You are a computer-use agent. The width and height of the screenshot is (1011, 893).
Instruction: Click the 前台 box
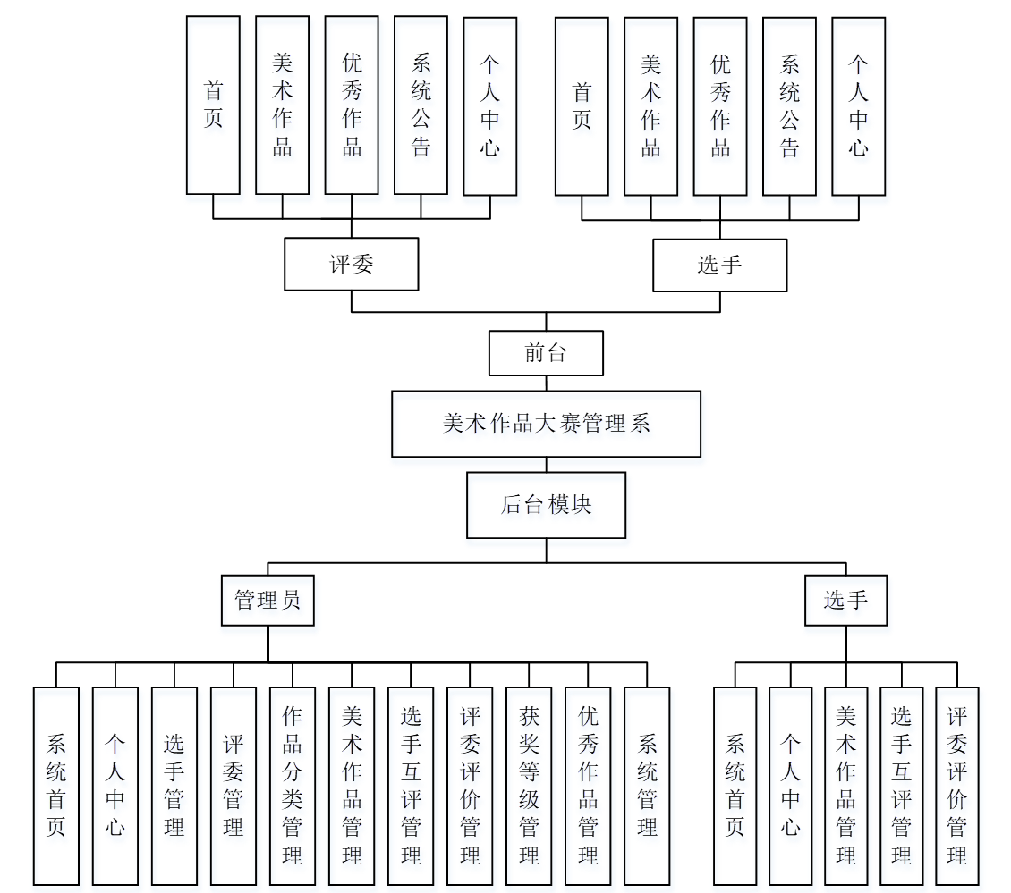point(546,353)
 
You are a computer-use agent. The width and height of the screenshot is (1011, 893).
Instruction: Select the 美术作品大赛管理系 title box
point(546,424)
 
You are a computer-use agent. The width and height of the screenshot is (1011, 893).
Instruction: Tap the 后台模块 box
point(546,505)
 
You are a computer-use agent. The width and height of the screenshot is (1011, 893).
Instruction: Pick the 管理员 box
point(268,600)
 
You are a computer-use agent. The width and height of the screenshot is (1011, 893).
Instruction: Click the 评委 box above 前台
point(351,264)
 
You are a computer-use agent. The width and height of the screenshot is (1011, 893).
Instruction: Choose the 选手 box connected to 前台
point(719,265)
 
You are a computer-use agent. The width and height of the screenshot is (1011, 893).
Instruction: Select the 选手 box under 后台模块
point(845,600)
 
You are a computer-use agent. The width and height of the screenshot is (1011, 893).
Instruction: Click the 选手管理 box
point(174,786)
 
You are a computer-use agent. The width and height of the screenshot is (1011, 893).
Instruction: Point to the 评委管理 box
point(234,786)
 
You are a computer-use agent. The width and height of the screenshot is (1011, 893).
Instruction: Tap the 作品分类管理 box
point(293,786)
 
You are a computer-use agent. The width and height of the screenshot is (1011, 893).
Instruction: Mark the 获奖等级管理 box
point(529,786)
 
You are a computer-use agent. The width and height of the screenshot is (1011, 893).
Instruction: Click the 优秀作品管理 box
point(588,786)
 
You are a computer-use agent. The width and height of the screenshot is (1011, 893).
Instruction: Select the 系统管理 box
point(647,786)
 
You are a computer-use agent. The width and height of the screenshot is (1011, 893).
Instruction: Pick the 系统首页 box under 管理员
point(56,786)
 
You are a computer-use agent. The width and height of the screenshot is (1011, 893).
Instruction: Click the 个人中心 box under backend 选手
point(791,786)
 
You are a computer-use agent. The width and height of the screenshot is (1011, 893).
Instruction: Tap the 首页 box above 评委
point(213,105)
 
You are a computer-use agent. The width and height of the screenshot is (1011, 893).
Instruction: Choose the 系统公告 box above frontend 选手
point(789,105)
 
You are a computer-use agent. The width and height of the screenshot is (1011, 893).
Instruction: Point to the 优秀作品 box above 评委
point(352,105)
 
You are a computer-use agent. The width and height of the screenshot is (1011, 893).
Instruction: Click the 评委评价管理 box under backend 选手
point(957,786)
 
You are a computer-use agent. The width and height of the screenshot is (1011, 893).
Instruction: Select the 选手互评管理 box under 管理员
point(411,786)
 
